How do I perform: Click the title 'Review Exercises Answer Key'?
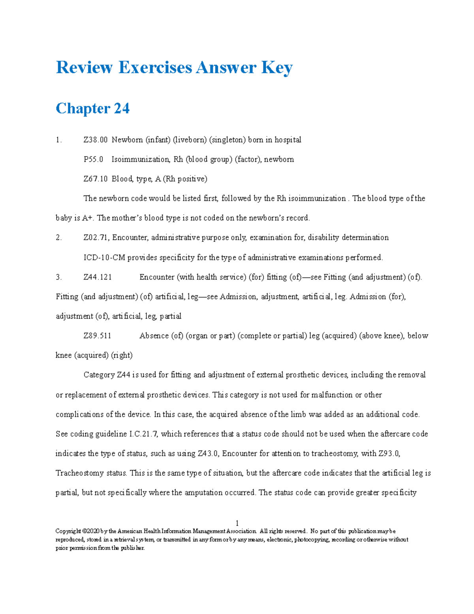[174, 67]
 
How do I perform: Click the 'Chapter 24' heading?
[92, 108]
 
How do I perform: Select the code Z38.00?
[95, 140]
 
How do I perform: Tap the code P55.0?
[93, 159]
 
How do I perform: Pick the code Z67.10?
[95, 179]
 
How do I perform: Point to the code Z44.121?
[98, 277]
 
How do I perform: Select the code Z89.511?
[97, 336]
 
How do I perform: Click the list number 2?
[58, 238]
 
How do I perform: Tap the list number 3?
[58, 277]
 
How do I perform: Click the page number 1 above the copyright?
[237, 523]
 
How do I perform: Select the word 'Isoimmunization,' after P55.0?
[141, 159]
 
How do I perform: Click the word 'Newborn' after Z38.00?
[127, 140]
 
